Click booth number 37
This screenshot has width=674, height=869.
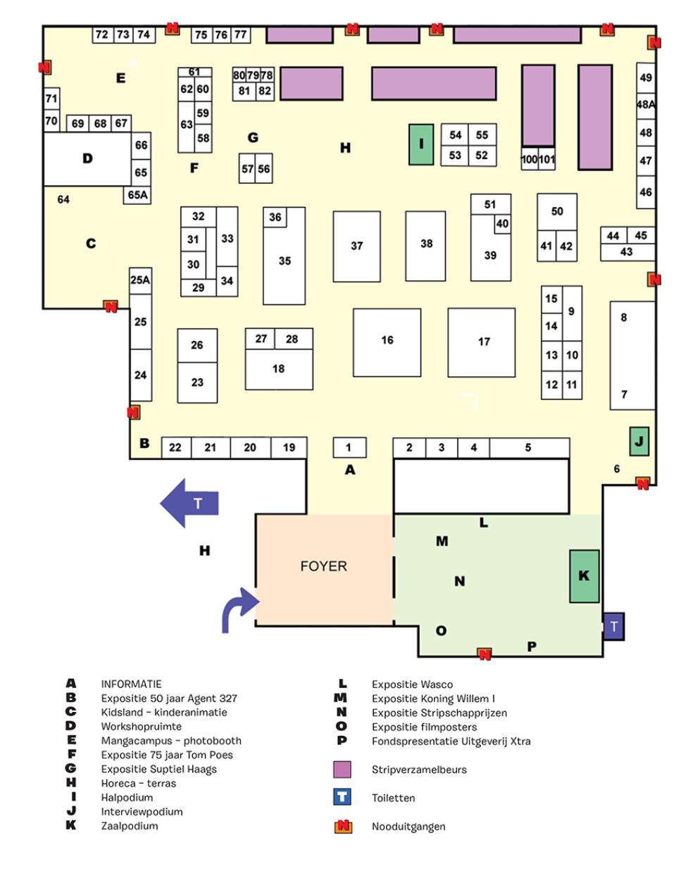[x=356, y=246]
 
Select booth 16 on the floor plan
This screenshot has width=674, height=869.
[x=387, y=342]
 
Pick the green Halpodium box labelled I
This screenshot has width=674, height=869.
[x=421, y=144]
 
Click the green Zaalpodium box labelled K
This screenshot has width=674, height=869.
[x=584, y=576]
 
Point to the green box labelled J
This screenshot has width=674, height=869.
[x=639, y=442]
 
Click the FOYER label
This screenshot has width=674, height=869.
[x=323, y=566]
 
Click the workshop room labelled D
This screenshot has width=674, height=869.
[x=87, y=158]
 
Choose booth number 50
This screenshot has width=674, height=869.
[x=557, y=211]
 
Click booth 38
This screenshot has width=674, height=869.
[x=426, y=244]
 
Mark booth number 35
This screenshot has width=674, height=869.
[x=285, y=261]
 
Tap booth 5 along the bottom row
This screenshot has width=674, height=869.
[x=528, y=447]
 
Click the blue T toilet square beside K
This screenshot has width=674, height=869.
[x=613, y=626]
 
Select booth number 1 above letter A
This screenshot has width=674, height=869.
[x=349, y=447]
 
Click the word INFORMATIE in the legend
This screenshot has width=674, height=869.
[x=131, y=684]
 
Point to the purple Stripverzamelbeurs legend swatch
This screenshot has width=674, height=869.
[x=342, y=769]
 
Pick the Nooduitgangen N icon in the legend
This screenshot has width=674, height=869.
[x=343, y=826]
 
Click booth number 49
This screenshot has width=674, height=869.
[x=646, y=77]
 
